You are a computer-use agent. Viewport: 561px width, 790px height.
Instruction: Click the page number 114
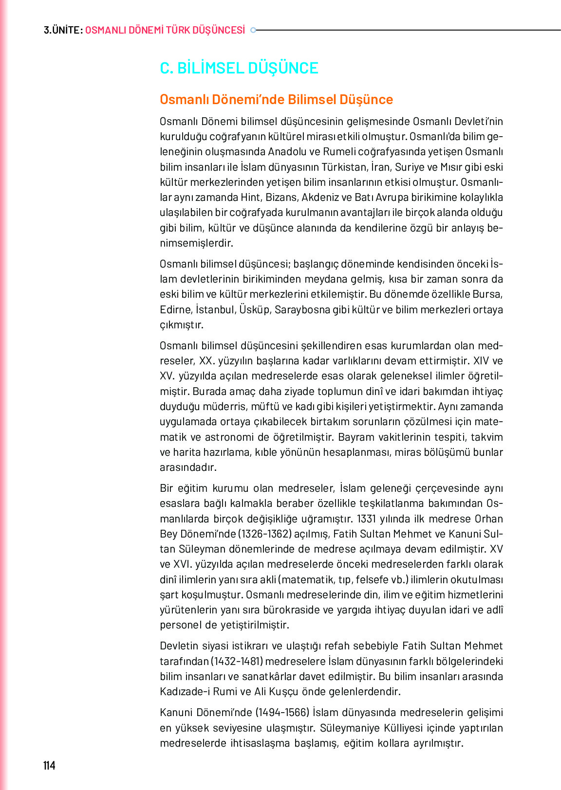49,766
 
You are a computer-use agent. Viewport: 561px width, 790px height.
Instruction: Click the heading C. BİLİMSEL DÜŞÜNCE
239,68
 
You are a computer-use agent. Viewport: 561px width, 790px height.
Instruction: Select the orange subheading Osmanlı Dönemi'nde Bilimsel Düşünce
276,100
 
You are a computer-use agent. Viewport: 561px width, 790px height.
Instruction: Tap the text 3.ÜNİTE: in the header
63,30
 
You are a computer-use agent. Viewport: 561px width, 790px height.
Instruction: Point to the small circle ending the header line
253,30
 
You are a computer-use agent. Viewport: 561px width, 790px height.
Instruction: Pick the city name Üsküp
255,310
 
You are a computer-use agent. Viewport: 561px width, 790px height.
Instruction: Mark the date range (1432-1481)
237,662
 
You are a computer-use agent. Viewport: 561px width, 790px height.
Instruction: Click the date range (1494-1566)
282,713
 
